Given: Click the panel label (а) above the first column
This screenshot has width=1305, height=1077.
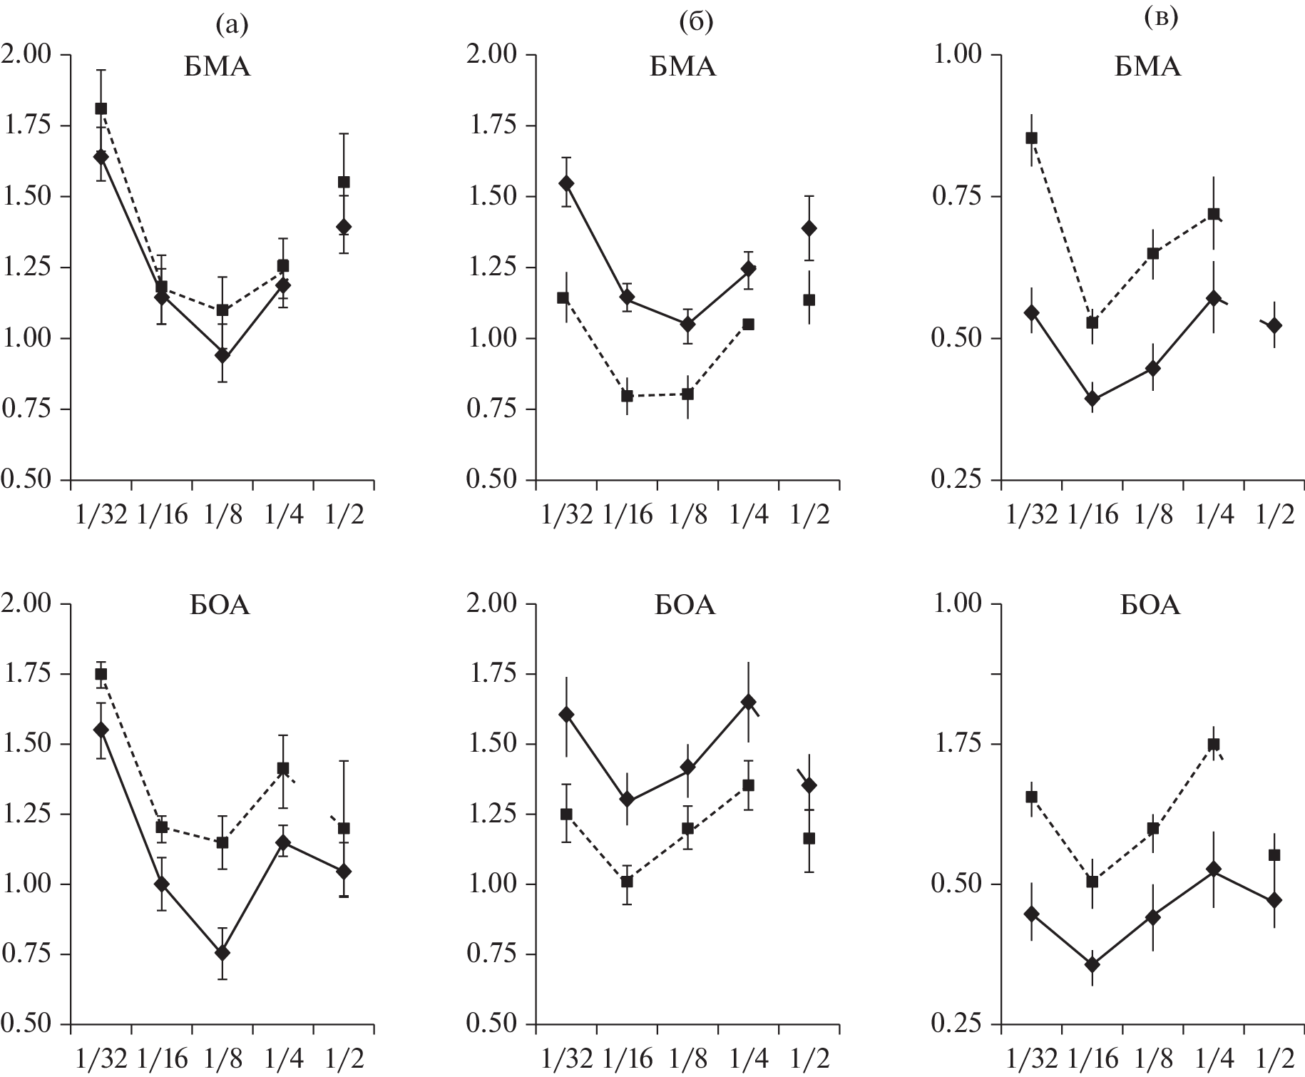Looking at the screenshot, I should (x=232, y=26).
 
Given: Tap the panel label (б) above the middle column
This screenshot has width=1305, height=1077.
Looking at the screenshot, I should (x=696, y=24).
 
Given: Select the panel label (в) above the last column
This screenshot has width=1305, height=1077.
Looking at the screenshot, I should (x=1160, y=19).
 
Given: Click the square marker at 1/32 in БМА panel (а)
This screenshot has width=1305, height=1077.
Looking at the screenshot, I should (x=101, y=108).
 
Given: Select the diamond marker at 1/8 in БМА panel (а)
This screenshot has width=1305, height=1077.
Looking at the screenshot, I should (x=222, y=355).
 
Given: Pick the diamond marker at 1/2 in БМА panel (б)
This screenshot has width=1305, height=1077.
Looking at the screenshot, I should (x=809, y=228).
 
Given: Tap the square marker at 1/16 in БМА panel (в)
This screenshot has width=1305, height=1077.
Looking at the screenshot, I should (x=1092, y=322).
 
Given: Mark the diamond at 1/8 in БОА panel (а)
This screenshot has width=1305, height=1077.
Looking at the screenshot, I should (x=222, y=953).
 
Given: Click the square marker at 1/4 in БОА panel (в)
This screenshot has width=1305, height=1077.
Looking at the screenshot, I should (x=1213, y=745).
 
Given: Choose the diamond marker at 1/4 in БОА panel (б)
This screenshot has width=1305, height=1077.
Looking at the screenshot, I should (x=748, y=702).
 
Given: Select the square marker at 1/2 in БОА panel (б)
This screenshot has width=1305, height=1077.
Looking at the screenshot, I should (x=809, y=838).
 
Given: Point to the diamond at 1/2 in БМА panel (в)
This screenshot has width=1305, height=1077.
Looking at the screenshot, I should (x=1274, y=325).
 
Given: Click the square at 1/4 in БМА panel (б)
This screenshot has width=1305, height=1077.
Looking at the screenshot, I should (x=748, y=324).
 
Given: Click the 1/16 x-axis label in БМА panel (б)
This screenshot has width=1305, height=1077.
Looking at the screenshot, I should (x=628, y=514).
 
